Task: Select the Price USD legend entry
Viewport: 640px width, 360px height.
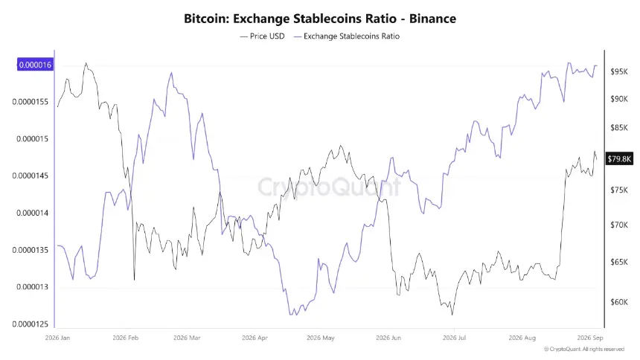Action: click(x=262, y=36)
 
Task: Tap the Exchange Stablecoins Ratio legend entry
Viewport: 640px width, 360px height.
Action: click(x=347, y=36)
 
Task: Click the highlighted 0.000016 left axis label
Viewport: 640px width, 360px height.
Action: click(x=35, y=65)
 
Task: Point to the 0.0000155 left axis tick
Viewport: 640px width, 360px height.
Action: click(x=31, y=102)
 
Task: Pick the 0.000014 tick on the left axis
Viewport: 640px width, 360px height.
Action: click(x=32, y=213)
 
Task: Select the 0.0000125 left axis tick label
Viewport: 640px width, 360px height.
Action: click(x=31, y=324)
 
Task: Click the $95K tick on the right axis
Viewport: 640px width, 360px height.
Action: click(x=619, y=72)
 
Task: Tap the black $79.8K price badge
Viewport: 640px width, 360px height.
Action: click(x=620, y=158)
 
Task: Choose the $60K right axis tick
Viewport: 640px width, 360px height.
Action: click(x=619, y=302)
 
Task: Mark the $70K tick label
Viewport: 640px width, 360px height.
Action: click(x=619, y=225)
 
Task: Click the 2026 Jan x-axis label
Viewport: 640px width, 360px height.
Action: click(x=57, y=338)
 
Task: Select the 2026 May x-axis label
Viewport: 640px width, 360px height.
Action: click(x=321, y=338)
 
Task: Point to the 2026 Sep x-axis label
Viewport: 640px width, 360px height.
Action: click(x=590, y=338)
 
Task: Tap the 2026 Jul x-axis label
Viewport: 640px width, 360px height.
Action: click(x=454, y=338)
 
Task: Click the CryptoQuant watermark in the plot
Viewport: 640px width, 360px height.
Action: click(x=329, y=187)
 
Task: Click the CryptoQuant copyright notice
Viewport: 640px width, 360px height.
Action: click(x=584, y=350)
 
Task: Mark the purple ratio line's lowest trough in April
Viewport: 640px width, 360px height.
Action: click(x=291, y=315)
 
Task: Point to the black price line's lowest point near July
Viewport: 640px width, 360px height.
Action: click(x=452, y=315)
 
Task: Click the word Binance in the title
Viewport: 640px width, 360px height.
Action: click(x=432, y=19)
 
